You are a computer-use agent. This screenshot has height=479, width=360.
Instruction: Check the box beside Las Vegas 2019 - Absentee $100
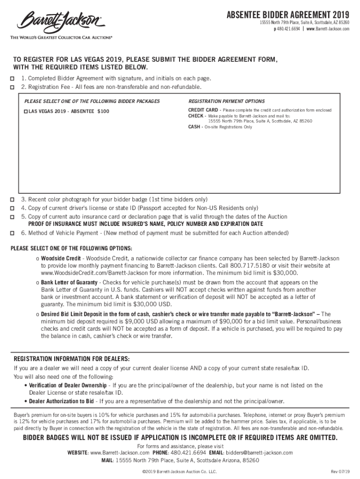pyautogui.click(x=26, y=111)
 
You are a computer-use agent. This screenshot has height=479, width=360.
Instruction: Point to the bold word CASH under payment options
pyautogui.click(x=195, y=127)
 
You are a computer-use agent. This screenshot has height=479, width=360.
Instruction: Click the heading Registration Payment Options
pyautogui.click(x=226, y=102)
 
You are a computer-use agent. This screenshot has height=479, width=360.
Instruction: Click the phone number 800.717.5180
pyautogui.click(x=247, y=265)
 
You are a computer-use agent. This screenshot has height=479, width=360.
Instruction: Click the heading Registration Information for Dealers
pyautogui.click(x=72, y=359)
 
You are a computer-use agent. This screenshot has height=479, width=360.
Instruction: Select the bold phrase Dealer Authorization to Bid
pyautogui.click(x=62, y=401)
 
